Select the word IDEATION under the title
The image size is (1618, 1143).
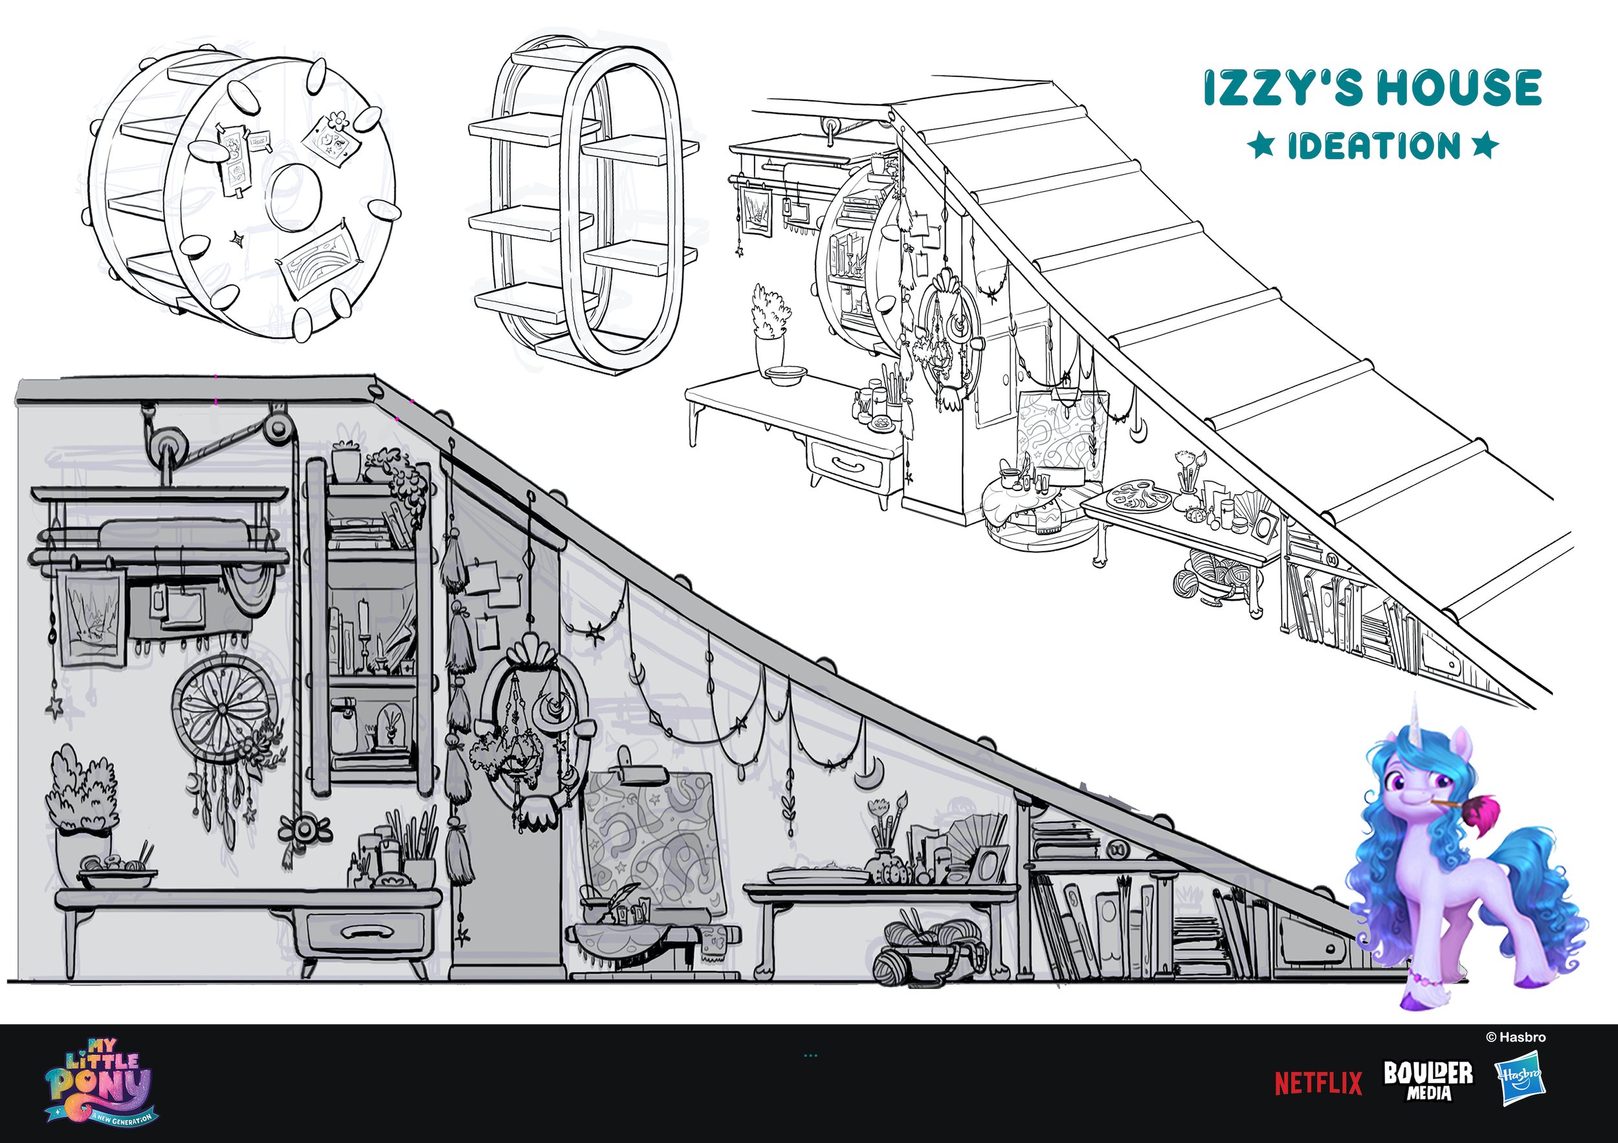pyautogui.click(x=1374, y=146)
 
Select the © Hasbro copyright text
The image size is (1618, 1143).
pyautogui.click(x=1516, y=1038)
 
